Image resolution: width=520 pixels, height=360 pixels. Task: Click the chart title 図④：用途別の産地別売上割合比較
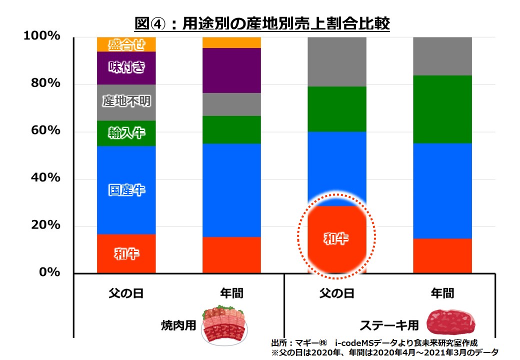coord(262,23)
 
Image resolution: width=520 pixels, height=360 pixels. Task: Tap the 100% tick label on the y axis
coord(42,36)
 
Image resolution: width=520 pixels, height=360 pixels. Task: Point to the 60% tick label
coord(45,131)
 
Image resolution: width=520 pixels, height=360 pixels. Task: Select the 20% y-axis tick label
coord(45,225)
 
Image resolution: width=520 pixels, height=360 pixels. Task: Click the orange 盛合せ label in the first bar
coord(126,45)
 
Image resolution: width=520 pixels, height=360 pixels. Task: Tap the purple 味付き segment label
coord(126,67)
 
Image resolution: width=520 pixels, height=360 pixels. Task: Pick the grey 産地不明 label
coord(126,101)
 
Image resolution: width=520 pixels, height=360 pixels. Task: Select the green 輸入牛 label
coord(126,133)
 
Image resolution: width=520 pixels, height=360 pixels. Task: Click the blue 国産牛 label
coord(126,190)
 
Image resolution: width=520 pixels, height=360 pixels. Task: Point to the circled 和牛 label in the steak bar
coord(336,238)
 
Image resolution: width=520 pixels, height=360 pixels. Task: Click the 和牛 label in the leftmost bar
coord(126,254)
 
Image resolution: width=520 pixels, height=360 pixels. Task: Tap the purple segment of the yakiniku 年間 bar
coord(231,70)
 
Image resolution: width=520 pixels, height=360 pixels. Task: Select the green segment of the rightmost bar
coord(442,109)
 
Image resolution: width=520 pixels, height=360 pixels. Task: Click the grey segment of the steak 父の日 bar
coord(337,61)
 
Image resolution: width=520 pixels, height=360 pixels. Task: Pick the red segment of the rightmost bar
coord(442,255)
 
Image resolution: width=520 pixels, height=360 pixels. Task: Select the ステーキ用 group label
coord(389,325)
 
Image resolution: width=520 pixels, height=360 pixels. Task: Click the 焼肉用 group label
coord(178,325)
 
